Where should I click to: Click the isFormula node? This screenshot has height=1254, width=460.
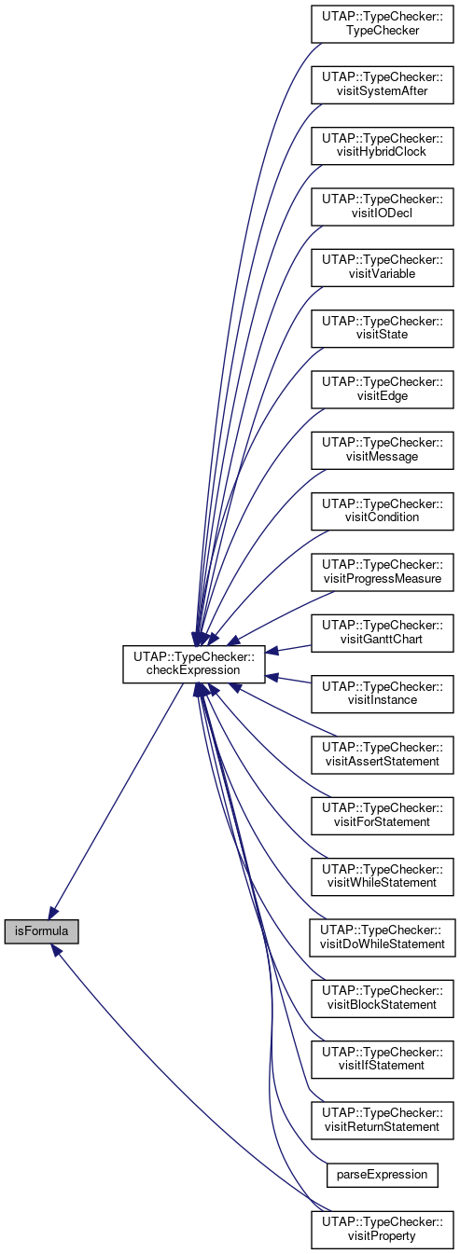click(x=41, y=931)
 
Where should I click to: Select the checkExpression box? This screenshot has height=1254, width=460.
click(x=194, y=664)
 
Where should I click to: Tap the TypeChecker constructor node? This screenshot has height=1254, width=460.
click(x=383, y=23)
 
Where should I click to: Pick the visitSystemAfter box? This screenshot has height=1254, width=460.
click(x=383, y=85)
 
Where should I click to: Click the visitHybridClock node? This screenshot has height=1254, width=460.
click(x=383, y=145)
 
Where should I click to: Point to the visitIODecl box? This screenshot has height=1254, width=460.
click(x=383, y=207)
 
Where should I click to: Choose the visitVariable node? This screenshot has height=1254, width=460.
click(x=383, y=267)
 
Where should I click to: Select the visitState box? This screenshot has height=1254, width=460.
click(x=383, y=328)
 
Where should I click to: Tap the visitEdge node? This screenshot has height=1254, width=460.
click(x=383, y=389)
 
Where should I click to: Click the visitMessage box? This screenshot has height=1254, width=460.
click(x=383, y=450)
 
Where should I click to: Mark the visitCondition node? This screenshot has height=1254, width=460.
click(x=383, y=511)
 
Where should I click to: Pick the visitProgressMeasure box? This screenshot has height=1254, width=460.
click(x=383, y=572)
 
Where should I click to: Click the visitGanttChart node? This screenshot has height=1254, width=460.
click(x=383, y=633)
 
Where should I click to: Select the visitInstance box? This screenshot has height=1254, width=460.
click(x=383, y=694)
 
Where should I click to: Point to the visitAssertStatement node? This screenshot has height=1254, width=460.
click(x=383, y=754)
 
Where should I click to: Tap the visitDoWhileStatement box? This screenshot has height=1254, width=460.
click(x=383, y=937)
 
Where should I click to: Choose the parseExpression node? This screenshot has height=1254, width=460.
click(x=383, y=1174)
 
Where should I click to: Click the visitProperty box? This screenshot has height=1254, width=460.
click(x=383, y=1230)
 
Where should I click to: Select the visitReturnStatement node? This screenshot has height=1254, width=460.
click(x=383, y=1120)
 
